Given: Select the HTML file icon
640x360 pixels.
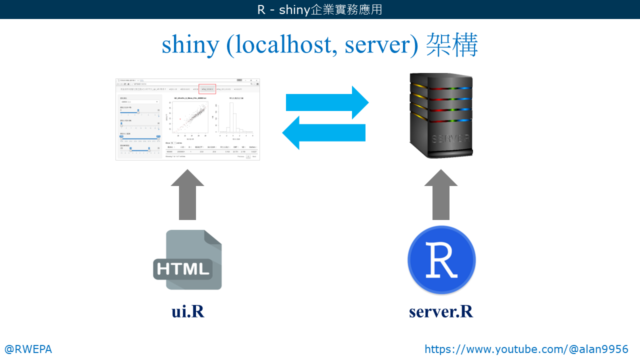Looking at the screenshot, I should tap(187, 260).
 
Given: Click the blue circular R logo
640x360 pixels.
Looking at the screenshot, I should tap(441, 260).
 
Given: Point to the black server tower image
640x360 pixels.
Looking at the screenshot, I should tap(440, 115).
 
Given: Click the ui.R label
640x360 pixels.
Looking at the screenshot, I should tap(187, 311).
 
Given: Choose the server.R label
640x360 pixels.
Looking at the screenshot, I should tap(440, 311).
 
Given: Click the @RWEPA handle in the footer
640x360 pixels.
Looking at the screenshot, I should tap(28, 349).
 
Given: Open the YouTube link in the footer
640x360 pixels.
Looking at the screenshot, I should tap(526, 349).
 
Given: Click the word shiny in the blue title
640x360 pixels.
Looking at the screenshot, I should tap(190, 45).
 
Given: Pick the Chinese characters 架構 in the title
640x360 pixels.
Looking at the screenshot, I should tap(452, 45).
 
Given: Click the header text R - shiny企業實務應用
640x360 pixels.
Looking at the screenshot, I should tap(319, 9).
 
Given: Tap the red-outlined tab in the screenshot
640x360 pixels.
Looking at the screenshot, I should tap(207, 89).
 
